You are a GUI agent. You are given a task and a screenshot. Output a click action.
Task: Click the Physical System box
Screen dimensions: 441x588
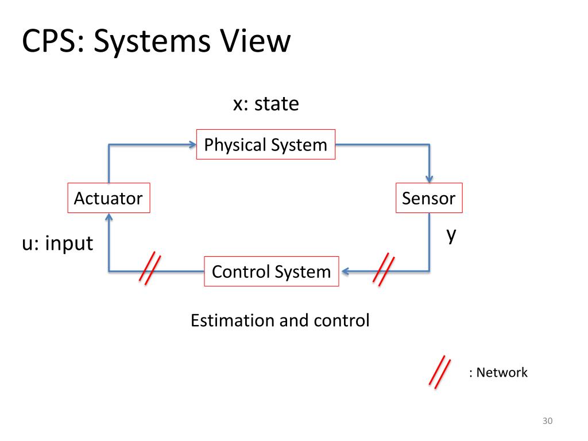(x=266, y=145)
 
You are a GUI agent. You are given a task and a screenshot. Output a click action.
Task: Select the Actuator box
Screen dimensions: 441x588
(x=109, y=198)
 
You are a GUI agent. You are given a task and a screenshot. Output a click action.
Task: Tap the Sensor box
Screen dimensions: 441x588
(x=428, y=198)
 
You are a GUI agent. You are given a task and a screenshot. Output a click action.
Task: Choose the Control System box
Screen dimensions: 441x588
(x=272, y=271)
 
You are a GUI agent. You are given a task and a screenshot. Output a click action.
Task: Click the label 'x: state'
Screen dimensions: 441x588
(x=265, y=104)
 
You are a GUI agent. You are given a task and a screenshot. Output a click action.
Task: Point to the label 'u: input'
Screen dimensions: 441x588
(x=57, y=243)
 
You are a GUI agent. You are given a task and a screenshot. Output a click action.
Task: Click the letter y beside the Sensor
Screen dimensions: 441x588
(x=452, y=234)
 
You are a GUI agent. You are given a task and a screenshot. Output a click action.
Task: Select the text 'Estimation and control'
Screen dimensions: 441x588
(x=280, y=320)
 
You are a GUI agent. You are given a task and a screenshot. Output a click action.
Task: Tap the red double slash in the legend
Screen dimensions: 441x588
(x=439, y=372)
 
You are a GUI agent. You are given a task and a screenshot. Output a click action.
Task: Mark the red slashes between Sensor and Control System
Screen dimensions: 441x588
(x=384, y=269)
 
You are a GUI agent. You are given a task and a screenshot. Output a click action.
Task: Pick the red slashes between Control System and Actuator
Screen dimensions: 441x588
(x=150, y=269)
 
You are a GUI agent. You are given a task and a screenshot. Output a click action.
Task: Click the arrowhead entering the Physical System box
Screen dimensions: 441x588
(x=192, y=145)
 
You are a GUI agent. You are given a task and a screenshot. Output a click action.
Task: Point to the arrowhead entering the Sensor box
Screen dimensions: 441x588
(x=429, y=179)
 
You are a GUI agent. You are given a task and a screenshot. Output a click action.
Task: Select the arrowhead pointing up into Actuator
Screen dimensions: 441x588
(x=109, y=217)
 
